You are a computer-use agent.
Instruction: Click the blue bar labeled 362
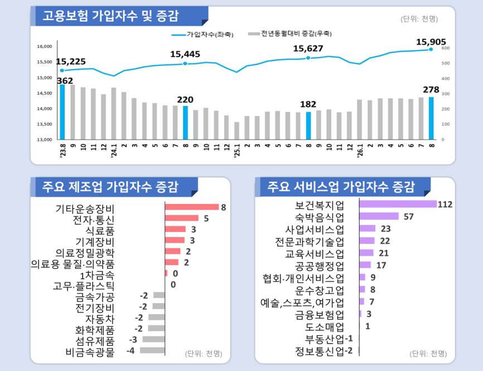62,112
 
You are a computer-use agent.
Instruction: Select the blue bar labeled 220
185,123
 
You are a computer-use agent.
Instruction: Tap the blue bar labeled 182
308,126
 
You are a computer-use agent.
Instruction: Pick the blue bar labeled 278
431,118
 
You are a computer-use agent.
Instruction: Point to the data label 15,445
185,54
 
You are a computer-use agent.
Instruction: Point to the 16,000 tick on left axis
45,46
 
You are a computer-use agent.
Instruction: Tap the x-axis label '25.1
237,151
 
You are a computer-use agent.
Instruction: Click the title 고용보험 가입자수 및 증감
110,16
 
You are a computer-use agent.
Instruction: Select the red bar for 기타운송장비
192,207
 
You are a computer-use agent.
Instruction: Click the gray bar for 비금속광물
152,350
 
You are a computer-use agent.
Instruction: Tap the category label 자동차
100,319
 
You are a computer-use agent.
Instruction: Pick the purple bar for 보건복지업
398,204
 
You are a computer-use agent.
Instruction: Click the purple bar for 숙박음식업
379,216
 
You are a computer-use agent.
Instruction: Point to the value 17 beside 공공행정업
381,266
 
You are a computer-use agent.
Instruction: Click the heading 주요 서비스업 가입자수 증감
341,187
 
